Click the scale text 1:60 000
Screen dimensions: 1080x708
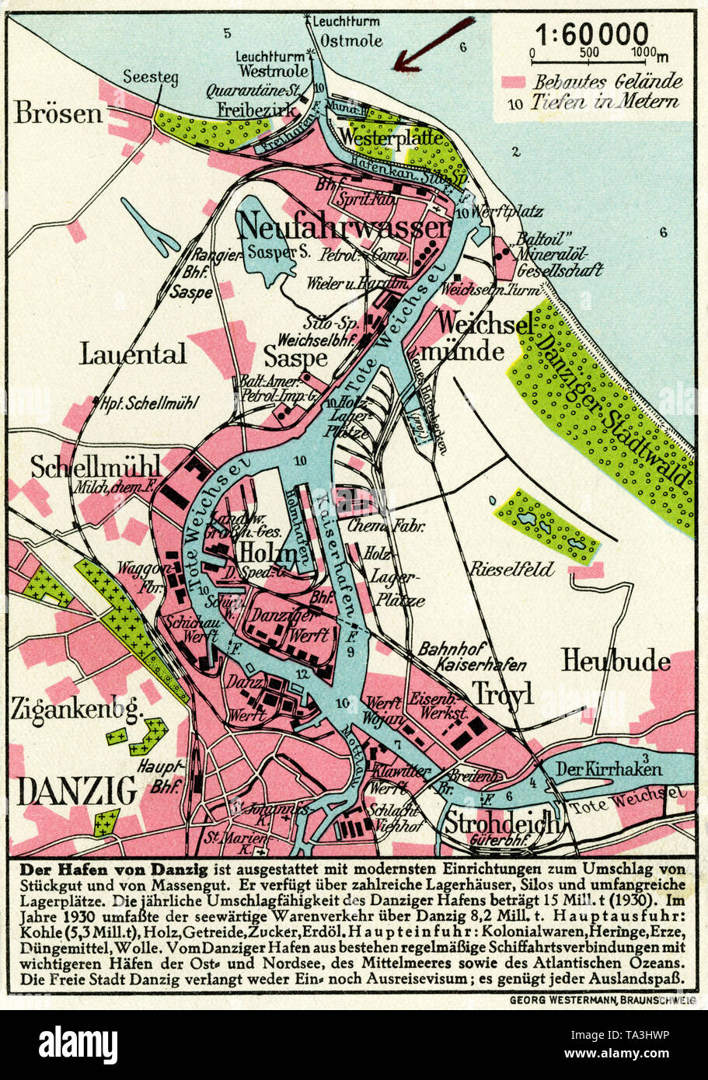click(591, 35)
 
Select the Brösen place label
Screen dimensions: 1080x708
click(58, 114)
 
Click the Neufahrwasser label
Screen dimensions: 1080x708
click(343, 227)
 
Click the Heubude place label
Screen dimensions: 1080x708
click(616, 661)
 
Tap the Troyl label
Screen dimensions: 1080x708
click(503, 693)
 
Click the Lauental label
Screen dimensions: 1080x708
click(133, 354)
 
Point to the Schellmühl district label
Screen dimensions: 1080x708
click(95, 466)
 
